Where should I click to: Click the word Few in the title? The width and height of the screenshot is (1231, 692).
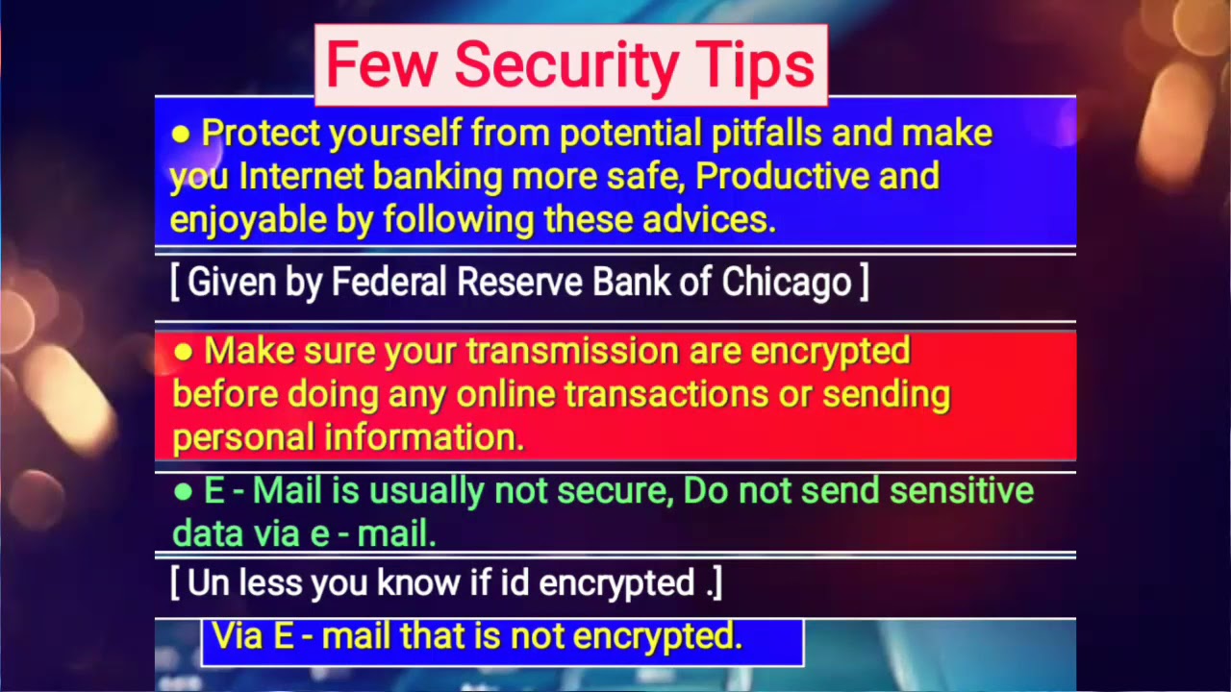(381, 65)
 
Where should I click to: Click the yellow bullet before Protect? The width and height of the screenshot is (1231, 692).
(180, 135)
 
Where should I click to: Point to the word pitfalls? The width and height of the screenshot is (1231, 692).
(766, 133)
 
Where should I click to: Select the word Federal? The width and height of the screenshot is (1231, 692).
(389, 282)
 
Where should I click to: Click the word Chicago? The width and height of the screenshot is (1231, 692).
(787, 282)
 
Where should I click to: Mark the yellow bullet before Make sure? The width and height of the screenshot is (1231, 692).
(183, 352)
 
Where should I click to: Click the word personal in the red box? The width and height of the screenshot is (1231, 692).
(243, 438)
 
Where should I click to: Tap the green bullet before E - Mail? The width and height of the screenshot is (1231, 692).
(183, 492)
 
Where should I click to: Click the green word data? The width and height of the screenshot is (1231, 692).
(208, 533)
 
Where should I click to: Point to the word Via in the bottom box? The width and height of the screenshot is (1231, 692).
(239, 635)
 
